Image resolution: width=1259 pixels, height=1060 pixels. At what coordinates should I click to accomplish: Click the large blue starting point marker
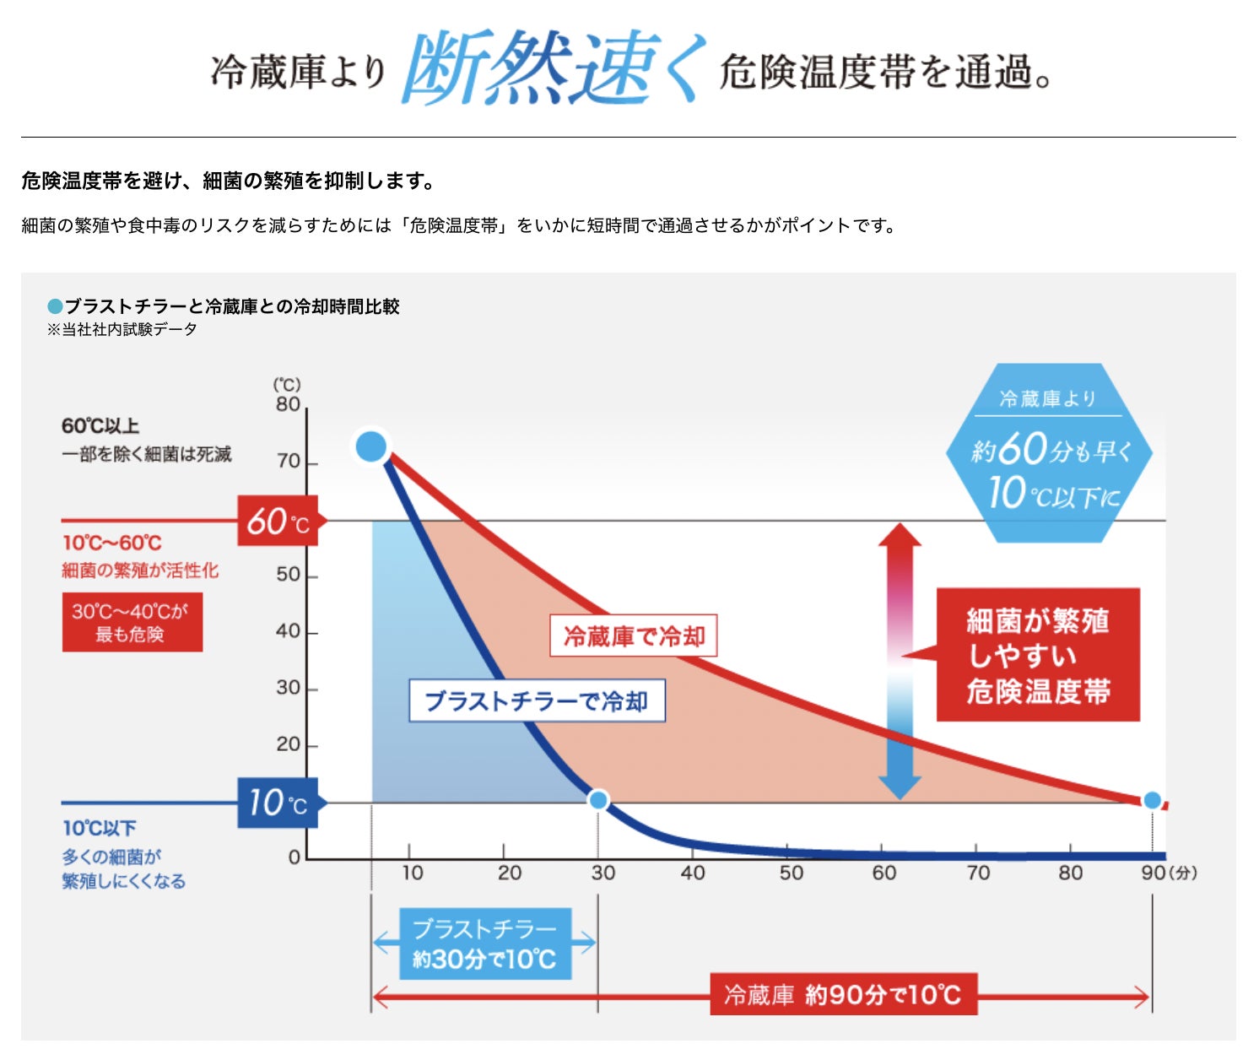371,446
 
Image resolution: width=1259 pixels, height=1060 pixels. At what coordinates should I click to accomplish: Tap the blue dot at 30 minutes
598,799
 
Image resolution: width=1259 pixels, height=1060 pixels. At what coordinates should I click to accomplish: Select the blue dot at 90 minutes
1152,800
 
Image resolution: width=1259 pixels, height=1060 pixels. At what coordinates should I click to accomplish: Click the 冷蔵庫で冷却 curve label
634,635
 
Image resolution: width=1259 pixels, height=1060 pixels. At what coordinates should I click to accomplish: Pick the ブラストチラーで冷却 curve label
537,700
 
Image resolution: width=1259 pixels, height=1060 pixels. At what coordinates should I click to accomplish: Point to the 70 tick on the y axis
289,462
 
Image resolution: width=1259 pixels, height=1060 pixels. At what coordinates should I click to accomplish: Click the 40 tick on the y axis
289,631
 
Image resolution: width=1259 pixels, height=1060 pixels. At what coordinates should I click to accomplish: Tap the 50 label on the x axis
791,873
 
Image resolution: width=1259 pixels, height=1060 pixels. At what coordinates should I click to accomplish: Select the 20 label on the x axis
509,873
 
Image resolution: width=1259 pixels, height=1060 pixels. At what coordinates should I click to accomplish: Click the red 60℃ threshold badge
278,521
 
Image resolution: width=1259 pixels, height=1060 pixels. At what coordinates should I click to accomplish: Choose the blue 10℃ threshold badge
278,803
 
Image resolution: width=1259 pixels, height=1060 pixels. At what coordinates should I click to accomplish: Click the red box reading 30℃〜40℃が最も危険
132,622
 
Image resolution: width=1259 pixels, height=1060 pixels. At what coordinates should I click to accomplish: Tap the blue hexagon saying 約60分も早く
1049,453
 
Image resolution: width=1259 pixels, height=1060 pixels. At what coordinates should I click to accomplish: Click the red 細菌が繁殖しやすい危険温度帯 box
1038,655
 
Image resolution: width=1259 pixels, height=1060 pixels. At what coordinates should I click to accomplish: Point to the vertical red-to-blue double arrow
900,661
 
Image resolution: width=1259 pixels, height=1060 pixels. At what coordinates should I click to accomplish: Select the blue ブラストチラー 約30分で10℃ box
485,944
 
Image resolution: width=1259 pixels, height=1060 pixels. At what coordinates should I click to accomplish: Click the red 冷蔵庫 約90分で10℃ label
843,995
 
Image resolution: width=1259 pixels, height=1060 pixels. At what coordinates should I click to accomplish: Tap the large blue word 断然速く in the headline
553,69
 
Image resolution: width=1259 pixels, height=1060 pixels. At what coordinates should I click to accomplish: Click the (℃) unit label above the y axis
287,385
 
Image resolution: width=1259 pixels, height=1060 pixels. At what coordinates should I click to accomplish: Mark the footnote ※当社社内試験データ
122,329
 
